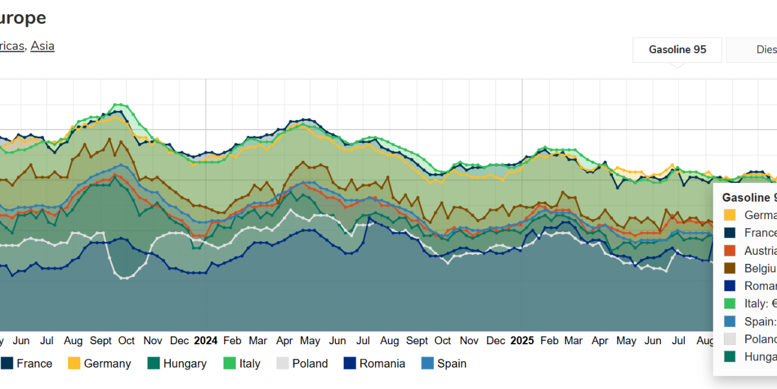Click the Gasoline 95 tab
[677, 50]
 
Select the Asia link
[43, 46]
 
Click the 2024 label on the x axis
[206, 340]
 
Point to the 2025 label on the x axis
[522, 340]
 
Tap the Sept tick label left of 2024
[101, 340]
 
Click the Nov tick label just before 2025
[469, 340]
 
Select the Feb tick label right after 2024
[232, 340]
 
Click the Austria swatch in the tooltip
[730, 250]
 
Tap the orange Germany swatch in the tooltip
[730, 215]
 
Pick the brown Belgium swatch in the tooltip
[730, 268]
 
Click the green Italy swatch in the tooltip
[730, 303]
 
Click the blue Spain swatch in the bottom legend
[427, 364]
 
